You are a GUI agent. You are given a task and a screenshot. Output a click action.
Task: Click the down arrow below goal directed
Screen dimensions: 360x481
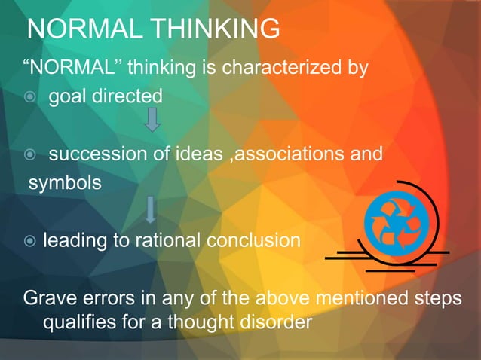152,119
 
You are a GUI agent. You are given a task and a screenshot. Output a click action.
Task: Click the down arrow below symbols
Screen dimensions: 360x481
151,209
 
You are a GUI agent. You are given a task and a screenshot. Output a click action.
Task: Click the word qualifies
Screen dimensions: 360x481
78,324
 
